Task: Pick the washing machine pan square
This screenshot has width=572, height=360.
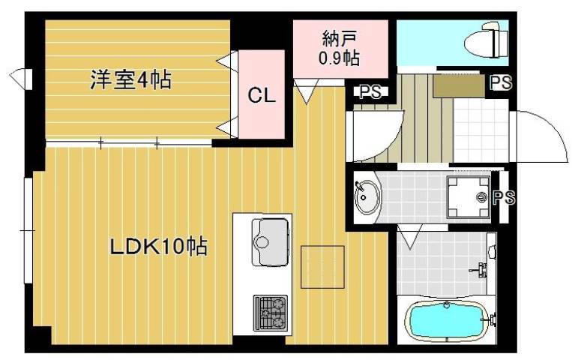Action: pos(469,198)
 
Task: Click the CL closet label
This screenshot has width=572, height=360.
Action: pos(262,95)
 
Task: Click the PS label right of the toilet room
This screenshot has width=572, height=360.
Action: pos(500,83)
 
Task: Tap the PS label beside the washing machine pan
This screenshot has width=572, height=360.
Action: pos(504,198)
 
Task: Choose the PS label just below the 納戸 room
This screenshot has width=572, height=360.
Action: pos(369,92)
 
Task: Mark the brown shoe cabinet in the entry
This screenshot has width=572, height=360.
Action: pos(459,84)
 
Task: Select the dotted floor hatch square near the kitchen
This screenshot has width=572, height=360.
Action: pos(322,266)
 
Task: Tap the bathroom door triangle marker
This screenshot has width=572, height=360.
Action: pos(410,238)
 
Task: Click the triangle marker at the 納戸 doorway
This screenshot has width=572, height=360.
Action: pos(304,94)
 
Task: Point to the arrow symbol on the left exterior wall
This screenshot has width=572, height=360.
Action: pos(20,77)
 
